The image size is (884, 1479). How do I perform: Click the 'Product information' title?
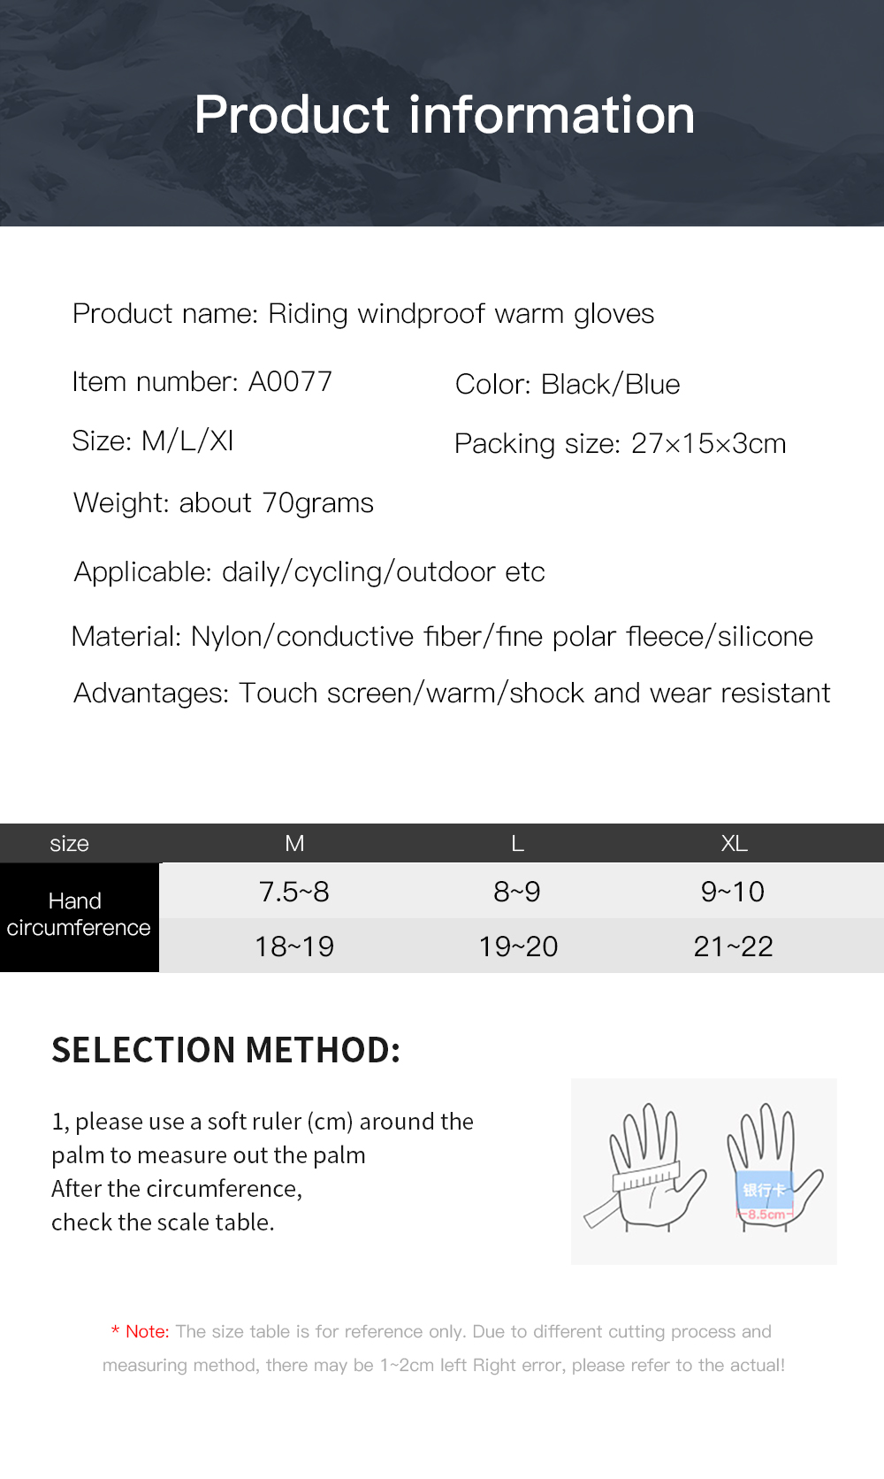(445, 115)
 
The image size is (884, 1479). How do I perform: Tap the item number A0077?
(290, 382)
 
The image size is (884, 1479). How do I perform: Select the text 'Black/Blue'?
(610, 385)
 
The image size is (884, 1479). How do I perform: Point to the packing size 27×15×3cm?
(708, 444)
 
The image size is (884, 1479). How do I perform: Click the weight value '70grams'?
(318, 503)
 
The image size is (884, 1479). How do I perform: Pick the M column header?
(294, 844)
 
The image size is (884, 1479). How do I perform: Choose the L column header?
(518, 844)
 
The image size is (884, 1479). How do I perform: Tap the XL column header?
(734, 844)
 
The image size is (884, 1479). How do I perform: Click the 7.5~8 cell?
(294, 892)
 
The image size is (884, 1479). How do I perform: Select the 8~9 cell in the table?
(517, 892)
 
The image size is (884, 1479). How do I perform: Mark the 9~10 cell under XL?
(733, 892)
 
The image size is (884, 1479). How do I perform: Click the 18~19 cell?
(294, 946)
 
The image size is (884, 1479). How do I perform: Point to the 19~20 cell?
(518, 946)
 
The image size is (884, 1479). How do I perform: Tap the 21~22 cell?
(733, 946)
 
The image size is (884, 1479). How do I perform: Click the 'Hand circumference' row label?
(78, 915)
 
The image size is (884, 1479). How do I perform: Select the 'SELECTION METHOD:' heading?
(226, 1051)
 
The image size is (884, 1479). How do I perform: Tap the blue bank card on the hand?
(765, 1192)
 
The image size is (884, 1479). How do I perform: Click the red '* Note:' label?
(141, 1332)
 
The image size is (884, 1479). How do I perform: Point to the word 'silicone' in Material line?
(765, 637)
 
